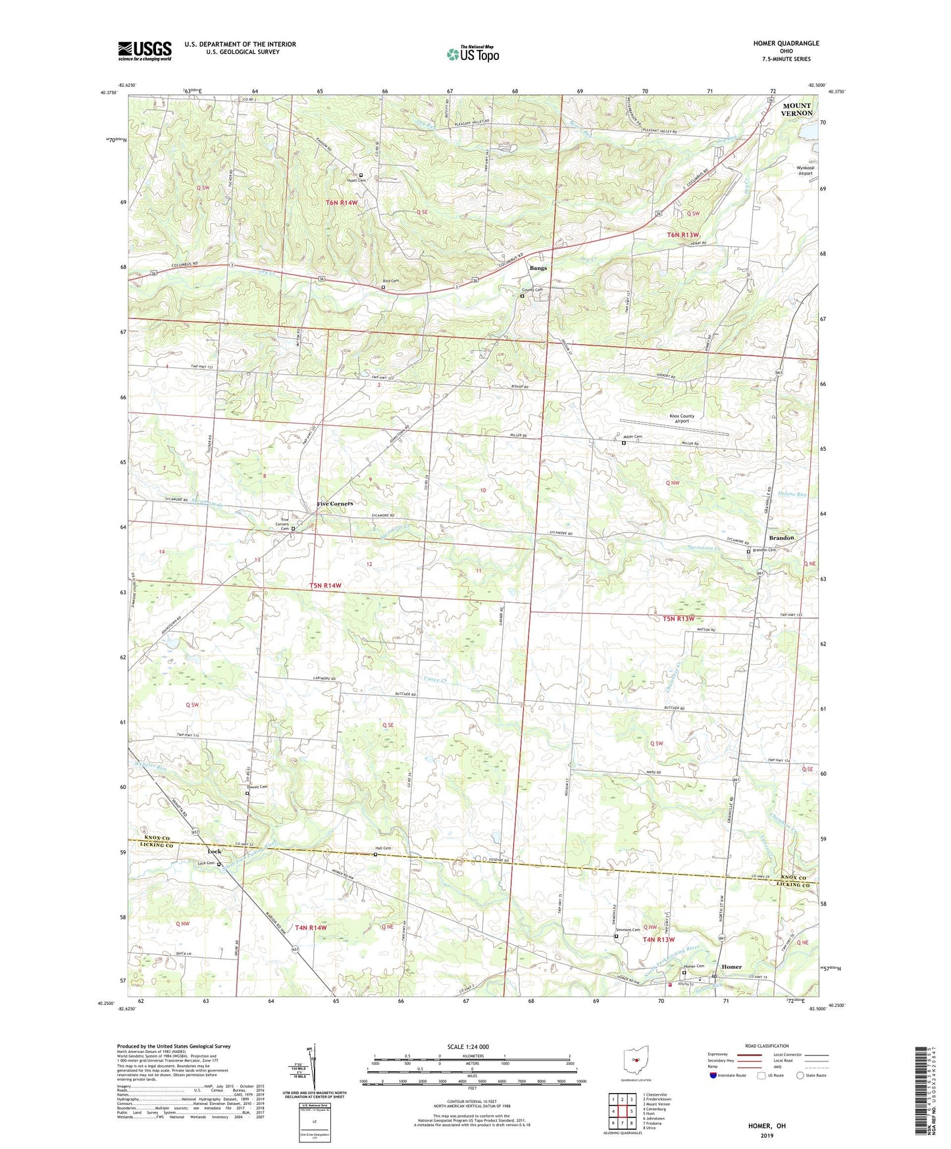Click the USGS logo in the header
145,51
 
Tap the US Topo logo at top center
473,54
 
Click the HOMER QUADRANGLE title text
786,43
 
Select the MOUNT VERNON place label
796,109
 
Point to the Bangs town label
538,268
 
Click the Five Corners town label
335,503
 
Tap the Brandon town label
781,538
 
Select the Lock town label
215,852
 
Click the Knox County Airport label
682,419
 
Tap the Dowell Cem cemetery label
257,787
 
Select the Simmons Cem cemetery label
627,930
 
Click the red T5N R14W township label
325,585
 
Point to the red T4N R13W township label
658,940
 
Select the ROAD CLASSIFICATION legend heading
767,1046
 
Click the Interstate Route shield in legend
713,1075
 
